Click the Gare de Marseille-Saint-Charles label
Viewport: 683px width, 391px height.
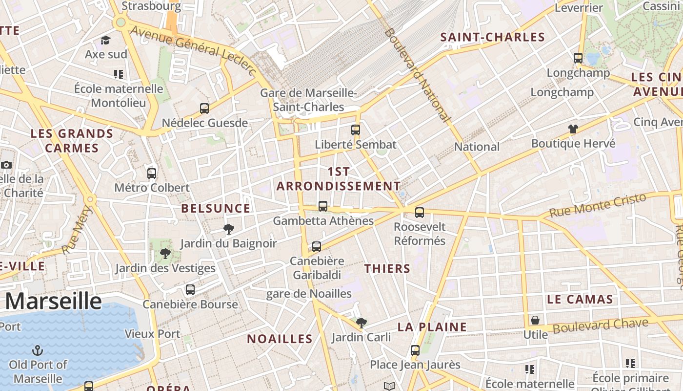[x=308, y=100]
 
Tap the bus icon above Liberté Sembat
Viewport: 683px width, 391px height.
[x=356, y=130]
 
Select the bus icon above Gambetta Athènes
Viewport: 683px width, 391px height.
[x=322, y=206]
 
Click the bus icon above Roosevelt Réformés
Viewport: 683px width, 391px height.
[x=420, y=212]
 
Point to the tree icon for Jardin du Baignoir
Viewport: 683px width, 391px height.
[x=228, y=229]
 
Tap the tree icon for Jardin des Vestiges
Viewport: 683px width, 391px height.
[x=165, y=254]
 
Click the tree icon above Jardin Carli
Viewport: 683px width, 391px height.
[x=361, y=323]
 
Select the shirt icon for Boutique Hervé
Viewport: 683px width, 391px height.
[x=573, y=129]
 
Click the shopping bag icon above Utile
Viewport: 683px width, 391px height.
[x=535, y=320]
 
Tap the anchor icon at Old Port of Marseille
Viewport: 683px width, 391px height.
[x=38, y=350]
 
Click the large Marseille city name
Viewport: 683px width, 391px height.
[x=54, y=301]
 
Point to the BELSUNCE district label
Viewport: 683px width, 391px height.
[x=216, y=209]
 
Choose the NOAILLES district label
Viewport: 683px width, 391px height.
[x=280, y=339]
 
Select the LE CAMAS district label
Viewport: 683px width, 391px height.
[x=580, y=300]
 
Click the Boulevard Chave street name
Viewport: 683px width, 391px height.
[x=601, y=326]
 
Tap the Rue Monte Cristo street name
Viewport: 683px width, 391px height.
[x=598, y=205]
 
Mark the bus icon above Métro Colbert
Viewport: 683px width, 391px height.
[x=152, y=173]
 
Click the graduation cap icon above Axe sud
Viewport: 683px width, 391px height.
[x=106, y=40]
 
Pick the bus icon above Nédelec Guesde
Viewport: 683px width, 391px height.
[x=204, y=108]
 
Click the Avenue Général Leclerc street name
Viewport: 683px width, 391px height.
[x=193, y=50]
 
